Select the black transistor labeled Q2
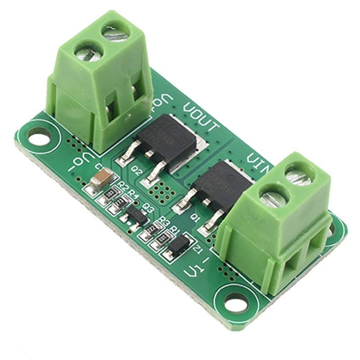[x=167, y=137]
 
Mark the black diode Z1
[x=178, y=245]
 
